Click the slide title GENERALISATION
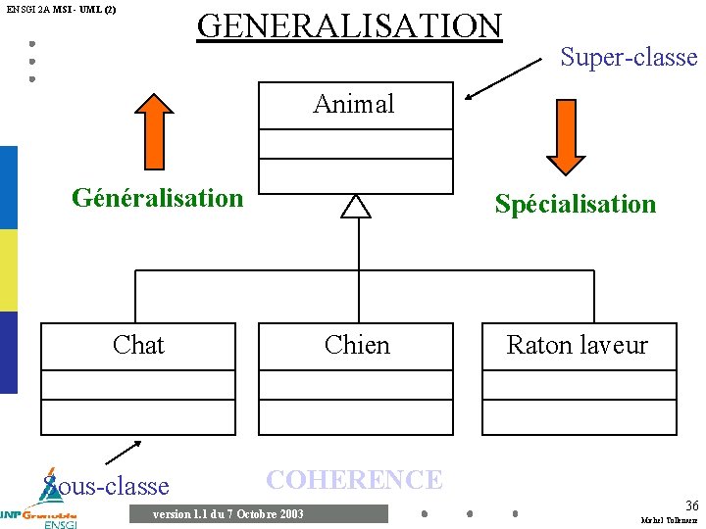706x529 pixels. [349, 25]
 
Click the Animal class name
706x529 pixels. [354, 104]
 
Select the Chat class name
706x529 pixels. [138, 345]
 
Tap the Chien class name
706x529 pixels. [357, 345]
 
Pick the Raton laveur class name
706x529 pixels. [578, 345]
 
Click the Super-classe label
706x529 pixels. [629, 58]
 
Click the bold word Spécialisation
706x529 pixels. [576, 204]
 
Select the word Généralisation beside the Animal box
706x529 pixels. [157, 198]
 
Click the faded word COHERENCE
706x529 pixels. [355, 480]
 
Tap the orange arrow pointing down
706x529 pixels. [565, 135]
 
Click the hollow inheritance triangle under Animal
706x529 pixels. [356, 206]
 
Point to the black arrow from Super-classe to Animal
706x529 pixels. [504, 79]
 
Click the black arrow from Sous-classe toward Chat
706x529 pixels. [124, 452]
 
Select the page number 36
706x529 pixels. [691, 505]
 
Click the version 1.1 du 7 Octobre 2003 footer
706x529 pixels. [228, 514]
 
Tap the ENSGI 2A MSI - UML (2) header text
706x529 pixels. [61, 9]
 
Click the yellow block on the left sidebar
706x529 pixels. [8, 270]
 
